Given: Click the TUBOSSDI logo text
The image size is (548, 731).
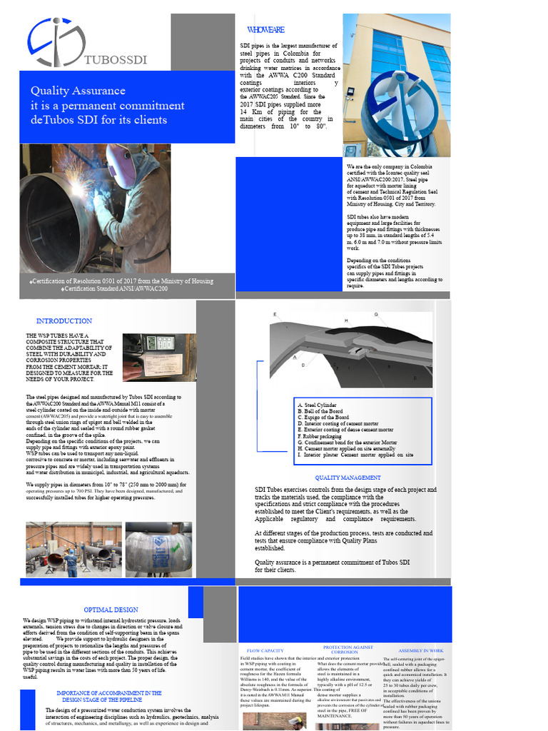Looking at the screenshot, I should point(115,59).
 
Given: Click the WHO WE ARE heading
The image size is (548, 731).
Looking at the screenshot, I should point(265,29).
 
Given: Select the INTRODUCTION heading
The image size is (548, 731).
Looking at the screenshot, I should point(64,321).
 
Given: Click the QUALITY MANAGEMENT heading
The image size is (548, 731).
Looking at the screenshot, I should point(348,478).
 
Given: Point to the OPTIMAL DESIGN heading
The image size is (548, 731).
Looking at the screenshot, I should point(111,610).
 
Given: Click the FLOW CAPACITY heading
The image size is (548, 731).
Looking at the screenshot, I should point(265,651).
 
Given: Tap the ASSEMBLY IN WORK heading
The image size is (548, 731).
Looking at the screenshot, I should point(421,651).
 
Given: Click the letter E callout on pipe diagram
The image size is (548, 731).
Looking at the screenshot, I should point(275,314).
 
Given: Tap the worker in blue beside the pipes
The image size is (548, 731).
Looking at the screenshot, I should point(71,562).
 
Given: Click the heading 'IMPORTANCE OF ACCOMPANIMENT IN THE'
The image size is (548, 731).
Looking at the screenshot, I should point(109,693).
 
